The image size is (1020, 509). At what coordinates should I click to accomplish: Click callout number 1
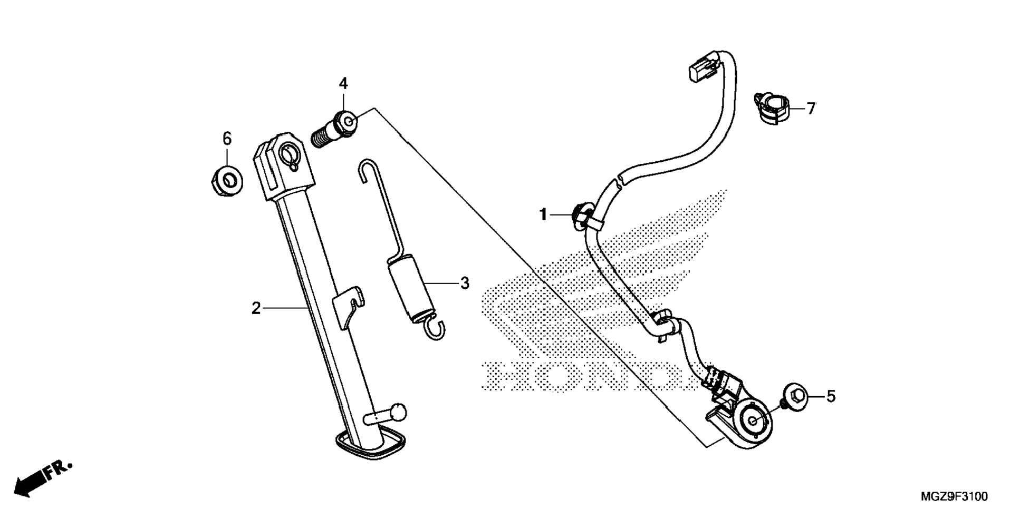pyautogui.click(x=542, y=215)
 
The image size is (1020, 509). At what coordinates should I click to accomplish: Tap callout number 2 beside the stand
pyautogui.click(x=256, y=308)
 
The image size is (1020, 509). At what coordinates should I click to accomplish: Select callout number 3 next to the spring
pyautogui.click(x=464, y=283)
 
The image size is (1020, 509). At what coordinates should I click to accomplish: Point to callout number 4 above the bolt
pyautogui.click(x=343, y=83)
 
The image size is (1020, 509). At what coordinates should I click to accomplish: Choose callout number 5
pyautogui.click(x=831, y=396)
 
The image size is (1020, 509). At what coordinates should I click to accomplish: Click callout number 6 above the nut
pyautogui.click(x=227, y=139)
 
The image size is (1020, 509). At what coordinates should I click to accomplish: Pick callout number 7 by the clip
pyautogui.click(x=811, y=109)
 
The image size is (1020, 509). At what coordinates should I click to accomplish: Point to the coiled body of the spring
pyautogui.click(x=410, y=287)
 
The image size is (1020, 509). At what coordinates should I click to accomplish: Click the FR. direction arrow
pyautogui.click(x=42, y=477)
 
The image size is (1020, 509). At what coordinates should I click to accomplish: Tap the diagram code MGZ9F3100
pyautogui.click(x=954, y=496)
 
